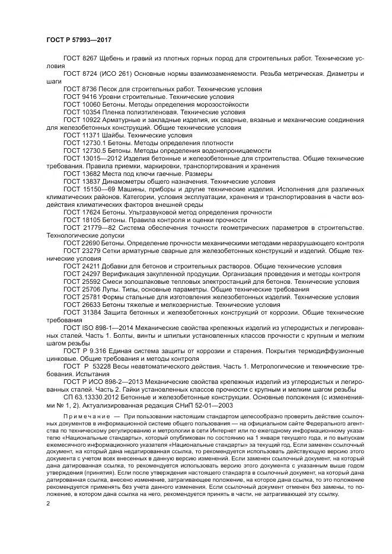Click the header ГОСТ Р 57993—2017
click(x=79, y=40)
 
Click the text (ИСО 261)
click(x=119, y=73)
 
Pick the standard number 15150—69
click(x=98, y=190)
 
